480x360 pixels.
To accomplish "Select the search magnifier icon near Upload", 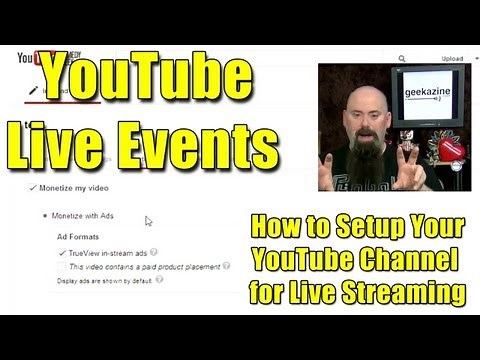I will pyautogui.click(x=402, y=59).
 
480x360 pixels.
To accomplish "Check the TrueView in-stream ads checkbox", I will pyautogui.click(x=63, y=254).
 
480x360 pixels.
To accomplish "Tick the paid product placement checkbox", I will pyautogui.click(x=63, y=267).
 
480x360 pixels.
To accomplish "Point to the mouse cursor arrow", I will pyautogui.click(x=148, y=221).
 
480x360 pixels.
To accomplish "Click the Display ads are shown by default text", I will pyautogui.click(x=105, y=279).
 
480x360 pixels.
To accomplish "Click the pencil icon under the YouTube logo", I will pyautogui.click(x=32, y=89).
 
